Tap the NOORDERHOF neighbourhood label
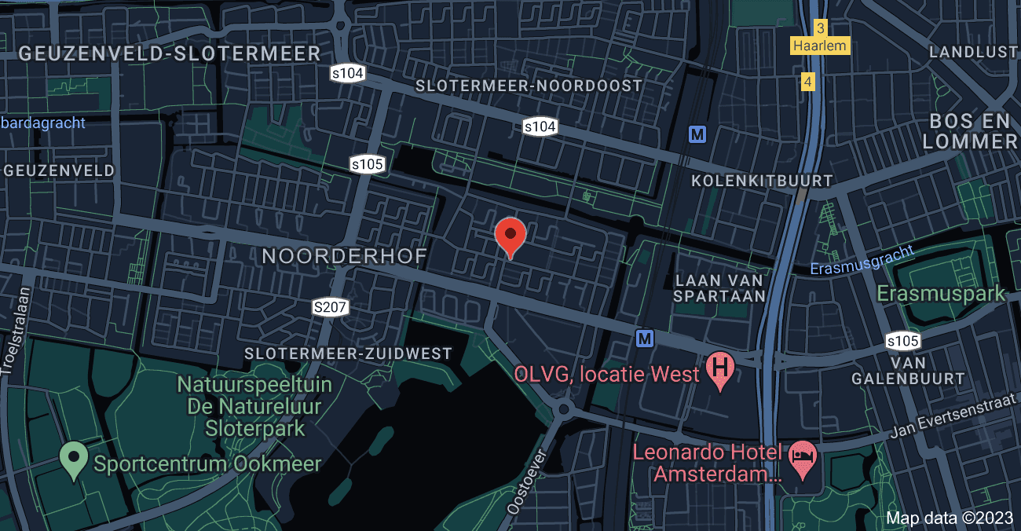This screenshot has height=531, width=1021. [x=344, y=256]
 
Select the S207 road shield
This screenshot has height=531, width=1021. [x=330, y=307]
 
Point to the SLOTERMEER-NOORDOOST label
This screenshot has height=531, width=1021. [x=529, y=86]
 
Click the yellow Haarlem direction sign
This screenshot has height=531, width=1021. [x=820, y=46]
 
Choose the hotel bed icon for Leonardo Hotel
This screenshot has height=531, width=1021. [x=802, y=456]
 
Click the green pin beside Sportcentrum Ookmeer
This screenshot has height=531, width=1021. [x=74, y=456]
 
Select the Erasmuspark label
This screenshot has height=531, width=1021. [x=940, y=294]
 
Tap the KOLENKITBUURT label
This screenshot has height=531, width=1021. [x=761, y=181]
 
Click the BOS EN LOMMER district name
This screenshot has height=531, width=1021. [x=971, y=132]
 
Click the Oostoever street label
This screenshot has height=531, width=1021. [x=525, y=481]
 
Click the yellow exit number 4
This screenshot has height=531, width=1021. [x=807, y=81]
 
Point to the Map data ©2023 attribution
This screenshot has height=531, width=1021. [x=950, y=518]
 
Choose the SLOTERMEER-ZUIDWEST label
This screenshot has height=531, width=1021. [x=348, y=354]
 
